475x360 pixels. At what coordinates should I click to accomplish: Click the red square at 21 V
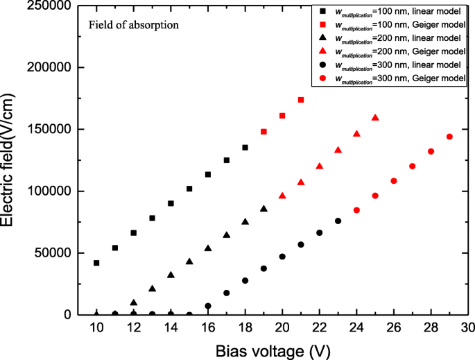coord(301,100)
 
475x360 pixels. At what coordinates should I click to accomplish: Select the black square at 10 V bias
coord(96,263)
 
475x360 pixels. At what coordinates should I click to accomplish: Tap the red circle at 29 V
coord(449,137)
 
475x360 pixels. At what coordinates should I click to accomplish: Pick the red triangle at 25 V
coord(375,117)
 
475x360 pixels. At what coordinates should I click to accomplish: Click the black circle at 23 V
coord(338,221)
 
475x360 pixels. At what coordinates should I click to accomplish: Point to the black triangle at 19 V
coord(264,208)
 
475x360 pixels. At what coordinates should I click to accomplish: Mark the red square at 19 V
coord(264,131)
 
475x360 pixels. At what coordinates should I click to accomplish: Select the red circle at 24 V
coord(356,210)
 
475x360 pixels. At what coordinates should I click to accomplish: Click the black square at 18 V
coord(245,147)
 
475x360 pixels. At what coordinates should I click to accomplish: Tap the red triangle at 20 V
coord(282,196)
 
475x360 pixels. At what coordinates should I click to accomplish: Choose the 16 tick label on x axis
coord(207,327)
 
